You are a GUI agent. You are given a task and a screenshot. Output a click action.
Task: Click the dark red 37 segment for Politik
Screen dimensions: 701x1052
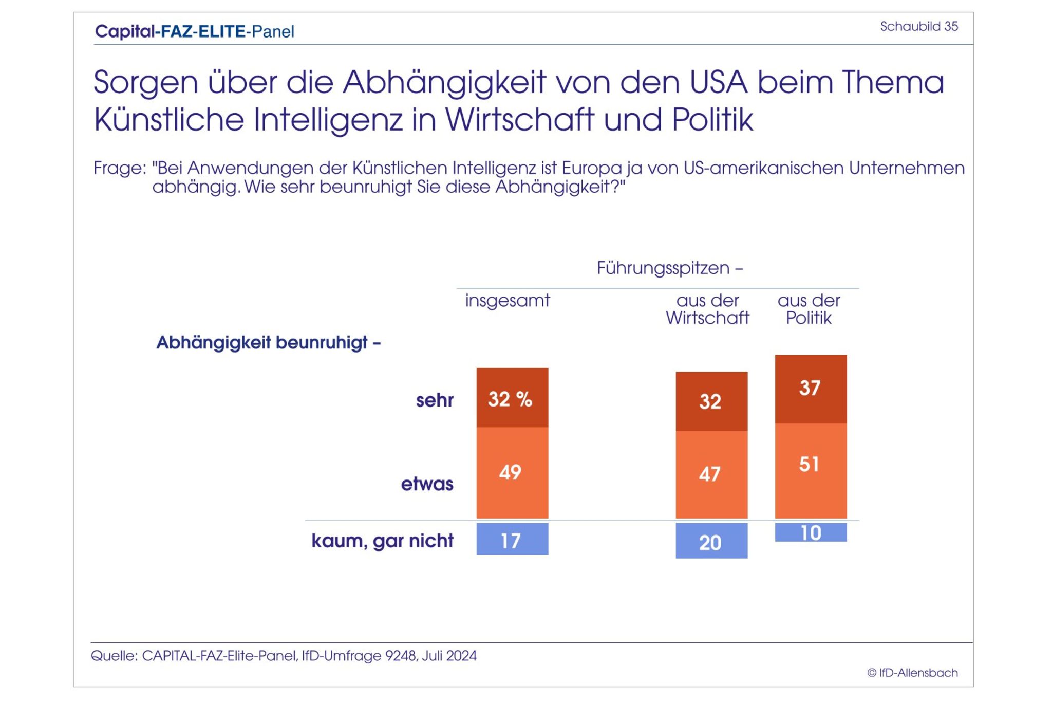point(811,389)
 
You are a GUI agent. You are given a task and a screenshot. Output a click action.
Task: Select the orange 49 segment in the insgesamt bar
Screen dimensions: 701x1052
point(512,472)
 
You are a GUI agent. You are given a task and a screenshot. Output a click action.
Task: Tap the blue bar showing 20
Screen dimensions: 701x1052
point(711,541)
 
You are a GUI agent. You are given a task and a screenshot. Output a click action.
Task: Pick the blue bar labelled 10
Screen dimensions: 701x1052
point(811,532)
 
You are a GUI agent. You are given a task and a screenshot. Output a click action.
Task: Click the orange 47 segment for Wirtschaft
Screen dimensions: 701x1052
point(711,474)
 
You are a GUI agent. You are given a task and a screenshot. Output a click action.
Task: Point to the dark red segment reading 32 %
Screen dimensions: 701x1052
point(512,398)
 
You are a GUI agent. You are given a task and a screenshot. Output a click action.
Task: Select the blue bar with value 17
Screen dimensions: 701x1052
point(512,539)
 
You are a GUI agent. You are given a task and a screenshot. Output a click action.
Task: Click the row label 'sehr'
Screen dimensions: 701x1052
point(435,400)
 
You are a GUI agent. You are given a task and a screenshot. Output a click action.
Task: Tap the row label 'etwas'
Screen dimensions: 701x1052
point(427,484)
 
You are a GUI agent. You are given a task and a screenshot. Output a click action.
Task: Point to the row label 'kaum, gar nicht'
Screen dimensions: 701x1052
point(382,541)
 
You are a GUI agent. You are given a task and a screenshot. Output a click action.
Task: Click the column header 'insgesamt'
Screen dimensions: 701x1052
point(508,300)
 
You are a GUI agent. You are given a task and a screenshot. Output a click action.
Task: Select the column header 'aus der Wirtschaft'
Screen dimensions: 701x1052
point(707,309)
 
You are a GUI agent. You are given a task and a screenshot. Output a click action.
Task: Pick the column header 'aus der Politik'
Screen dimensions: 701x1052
point(809,309)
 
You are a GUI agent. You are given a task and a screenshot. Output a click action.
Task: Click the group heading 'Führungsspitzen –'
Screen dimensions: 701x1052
point(670,268)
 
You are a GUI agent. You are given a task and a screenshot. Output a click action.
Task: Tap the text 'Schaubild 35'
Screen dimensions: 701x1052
point(919,27)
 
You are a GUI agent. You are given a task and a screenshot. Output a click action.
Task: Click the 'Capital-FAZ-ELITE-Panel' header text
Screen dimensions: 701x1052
point(195,32)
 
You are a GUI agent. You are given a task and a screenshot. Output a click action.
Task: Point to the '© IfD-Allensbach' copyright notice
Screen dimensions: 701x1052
point(912,673)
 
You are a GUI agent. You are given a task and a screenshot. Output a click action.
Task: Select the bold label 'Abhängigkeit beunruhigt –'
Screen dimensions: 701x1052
point(268,343)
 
